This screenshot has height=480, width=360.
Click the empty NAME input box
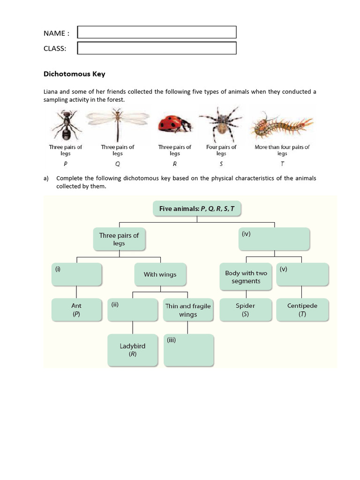(157, 32)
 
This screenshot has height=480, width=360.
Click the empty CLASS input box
(157, 48)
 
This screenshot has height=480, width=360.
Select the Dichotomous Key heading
(74, 74)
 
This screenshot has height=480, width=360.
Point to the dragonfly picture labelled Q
(117, 124)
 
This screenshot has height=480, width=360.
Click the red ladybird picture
(174, 125)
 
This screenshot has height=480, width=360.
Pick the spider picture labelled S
(221, 124)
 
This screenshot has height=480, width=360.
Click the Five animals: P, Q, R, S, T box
(197, 209)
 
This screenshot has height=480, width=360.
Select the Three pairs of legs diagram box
(119, 239)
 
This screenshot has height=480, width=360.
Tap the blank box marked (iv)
(274, 239)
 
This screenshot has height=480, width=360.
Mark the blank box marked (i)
(76, 275)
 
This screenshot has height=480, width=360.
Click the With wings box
(160, 275)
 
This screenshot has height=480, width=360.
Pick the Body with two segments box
(246, 277)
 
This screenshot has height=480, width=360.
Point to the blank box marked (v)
(302, 275)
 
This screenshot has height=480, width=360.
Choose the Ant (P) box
(76, 310)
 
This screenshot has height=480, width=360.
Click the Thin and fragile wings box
(188, 310)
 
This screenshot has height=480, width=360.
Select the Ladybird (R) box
(133, 350)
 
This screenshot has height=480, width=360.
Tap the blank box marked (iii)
(188, 350)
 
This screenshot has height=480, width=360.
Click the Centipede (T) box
(302, 310)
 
